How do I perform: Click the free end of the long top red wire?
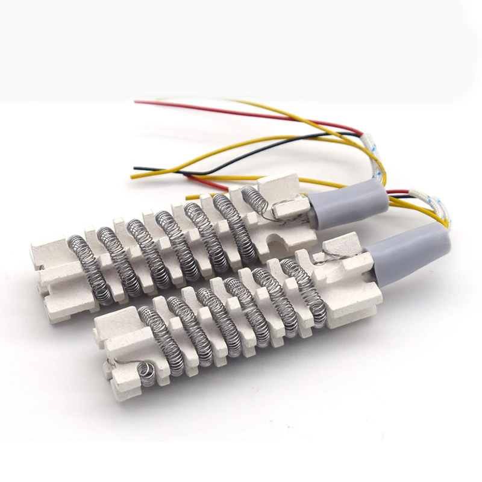(x=137, y=102)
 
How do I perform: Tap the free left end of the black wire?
(x=136, y=167)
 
